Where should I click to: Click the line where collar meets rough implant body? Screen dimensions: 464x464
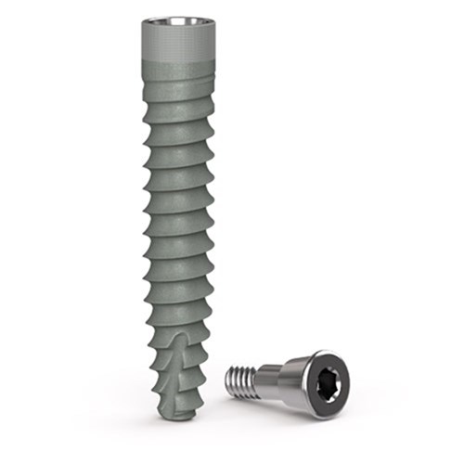point(179,60)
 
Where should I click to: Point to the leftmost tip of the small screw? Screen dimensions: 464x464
point(227,378)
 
